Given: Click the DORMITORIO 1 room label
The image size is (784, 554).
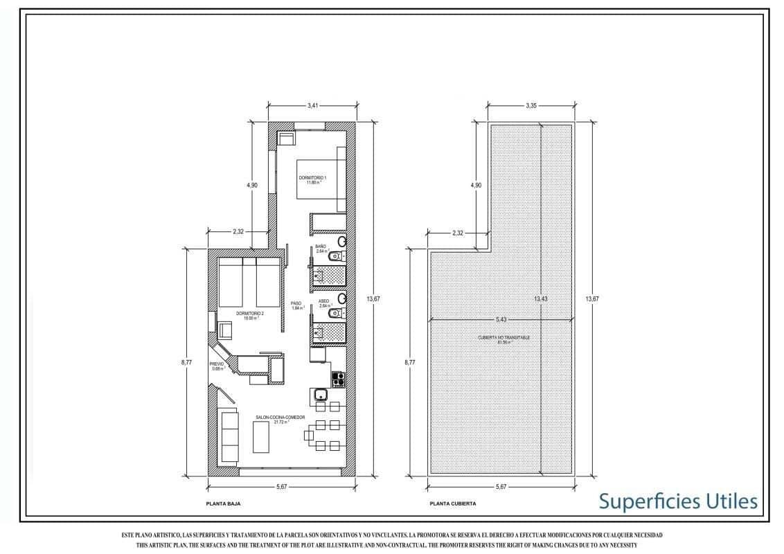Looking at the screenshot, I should [312, 179].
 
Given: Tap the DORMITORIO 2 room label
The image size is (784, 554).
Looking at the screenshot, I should [249, 314].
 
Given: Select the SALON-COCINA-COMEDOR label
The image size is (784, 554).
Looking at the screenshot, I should [261, 418].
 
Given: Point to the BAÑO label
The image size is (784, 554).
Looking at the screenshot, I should [321, 247].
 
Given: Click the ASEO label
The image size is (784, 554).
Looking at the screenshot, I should [323, 302].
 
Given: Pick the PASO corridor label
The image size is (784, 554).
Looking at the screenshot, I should [296, 304].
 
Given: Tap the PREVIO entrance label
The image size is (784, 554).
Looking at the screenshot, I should [217, 363].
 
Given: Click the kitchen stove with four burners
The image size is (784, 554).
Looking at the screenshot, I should [339, 378].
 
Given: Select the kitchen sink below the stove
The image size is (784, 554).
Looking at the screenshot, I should [320, 395].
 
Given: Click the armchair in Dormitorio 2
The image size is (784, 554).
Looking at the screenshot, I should [226, 330].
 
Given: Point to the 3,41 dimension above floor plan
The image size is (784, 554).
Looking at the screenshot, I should [312, 106].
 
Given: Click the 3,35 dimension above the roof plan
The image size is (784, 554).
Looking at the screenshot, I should [531, 106].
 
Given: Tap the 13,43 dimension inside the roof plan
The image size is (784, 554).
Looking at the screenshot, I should [542, 299].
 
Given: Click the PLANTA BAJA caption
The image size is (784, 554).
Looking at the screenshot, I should [223, 504].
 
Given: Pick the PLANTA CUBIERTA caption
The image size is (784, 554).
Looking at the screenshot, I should [452, 504].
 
